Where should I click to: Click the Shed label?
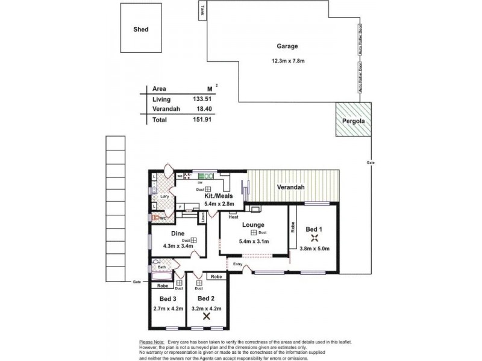(x=141, y=29)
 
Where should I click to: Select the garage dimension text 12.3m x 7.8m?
(x=287, y=60)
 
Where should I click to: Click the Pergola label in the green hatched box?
(x=354, y=121)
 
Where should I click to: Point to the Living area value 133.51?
(x=202, y=99)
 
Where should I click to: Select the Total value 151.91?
(x=202, y=120)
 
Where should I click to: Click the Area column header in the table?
(x=159, y=88)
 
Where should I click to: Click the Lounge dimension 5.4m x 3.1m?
(x=254, y=241)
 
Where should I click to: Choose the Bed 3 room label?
(x=168, y=299)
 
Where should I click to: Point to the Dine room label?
(x=177, y=233)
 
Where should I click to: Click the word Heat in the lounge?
(x=233, y=217)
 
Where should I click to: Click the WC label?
(x=162, y=218)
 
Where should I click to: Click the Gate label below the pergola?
(x=370, y=163)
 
